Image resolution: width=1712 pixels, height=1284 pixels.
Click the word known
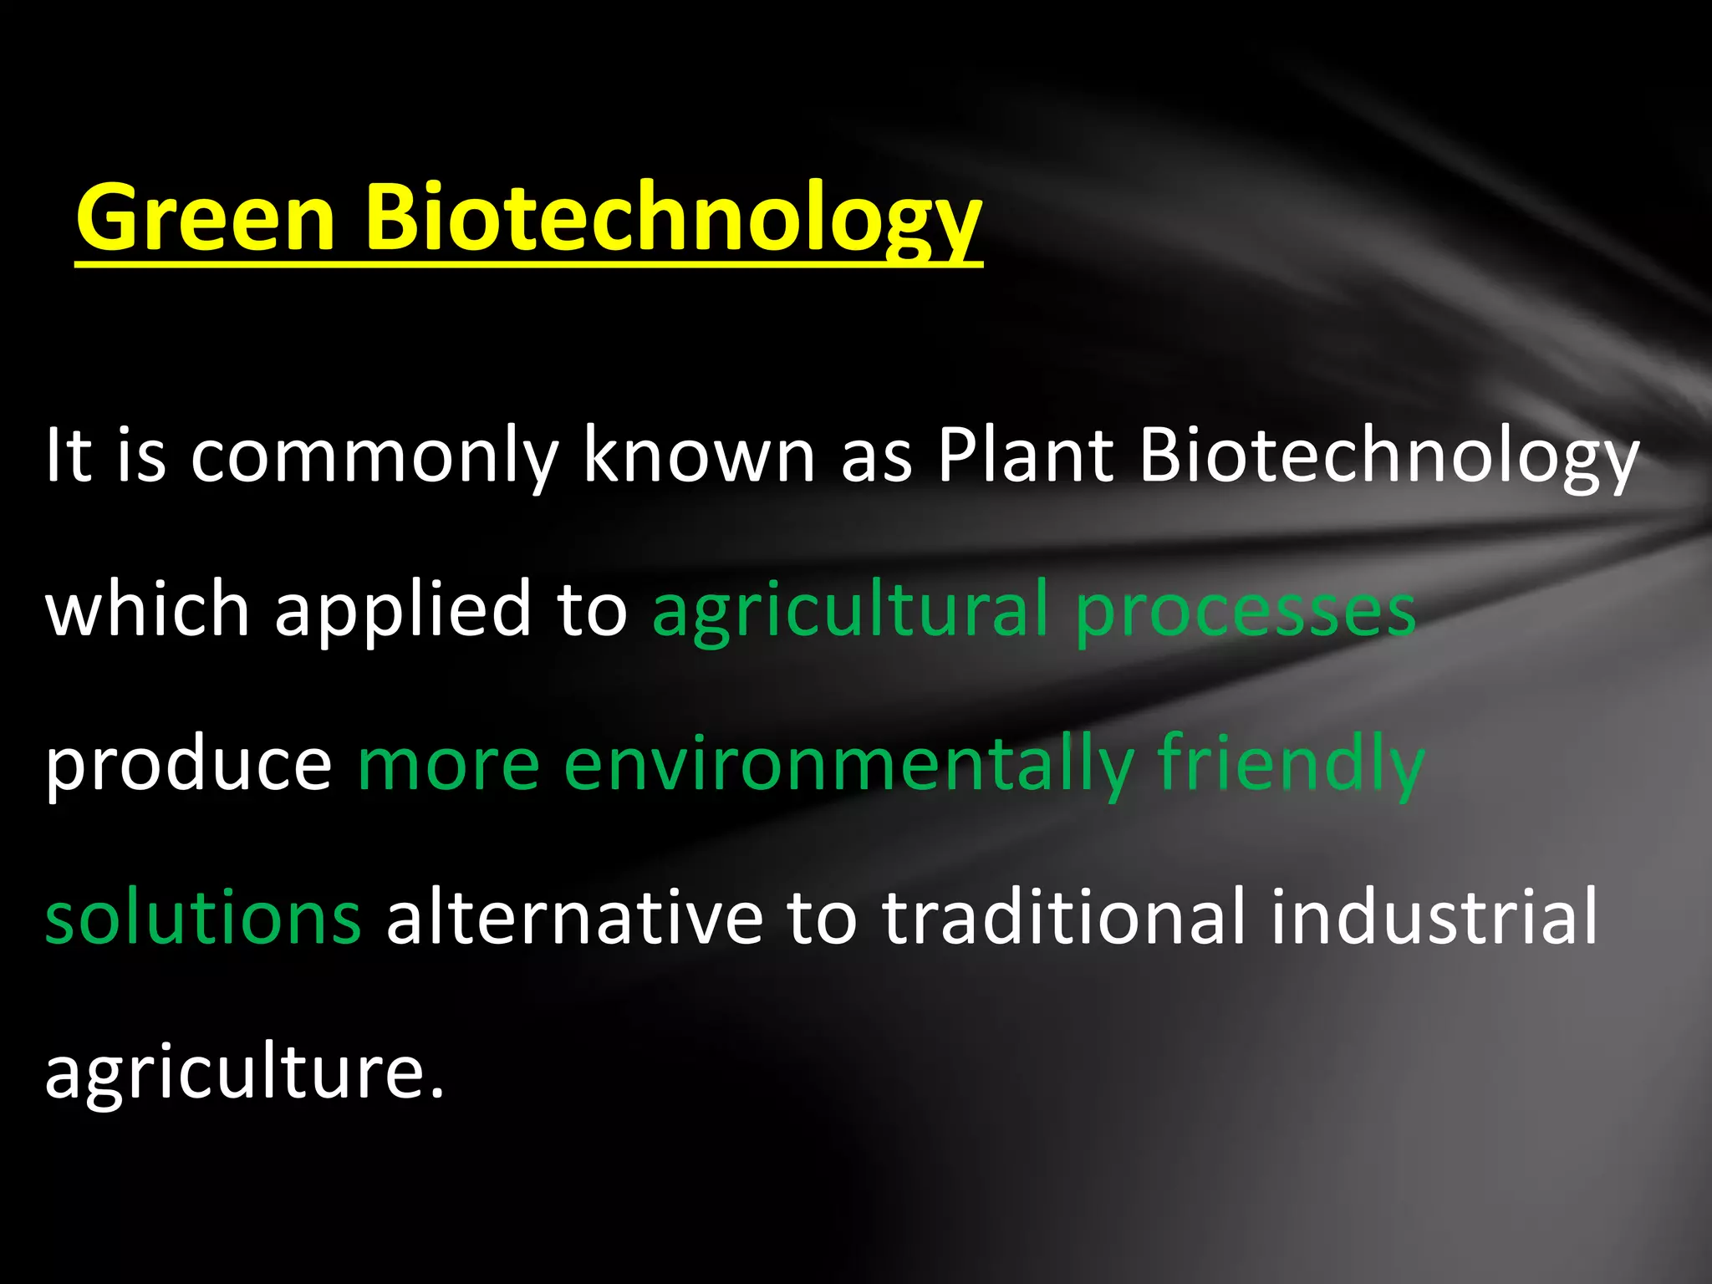tap(699, 456)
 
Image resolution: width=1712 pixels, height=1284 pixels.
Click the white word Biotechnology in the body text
tap(1388, 456)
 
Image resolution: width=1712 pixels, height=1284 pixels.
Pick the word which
tap(147, 609)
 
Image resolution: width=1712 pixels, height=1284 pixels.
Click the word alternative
tap(574, 917)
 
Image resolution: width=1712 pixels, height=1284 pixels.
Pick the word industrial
tap(1434, 917)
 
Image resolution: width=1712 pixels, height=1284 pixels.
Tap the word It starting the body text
tap(68, 456)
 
